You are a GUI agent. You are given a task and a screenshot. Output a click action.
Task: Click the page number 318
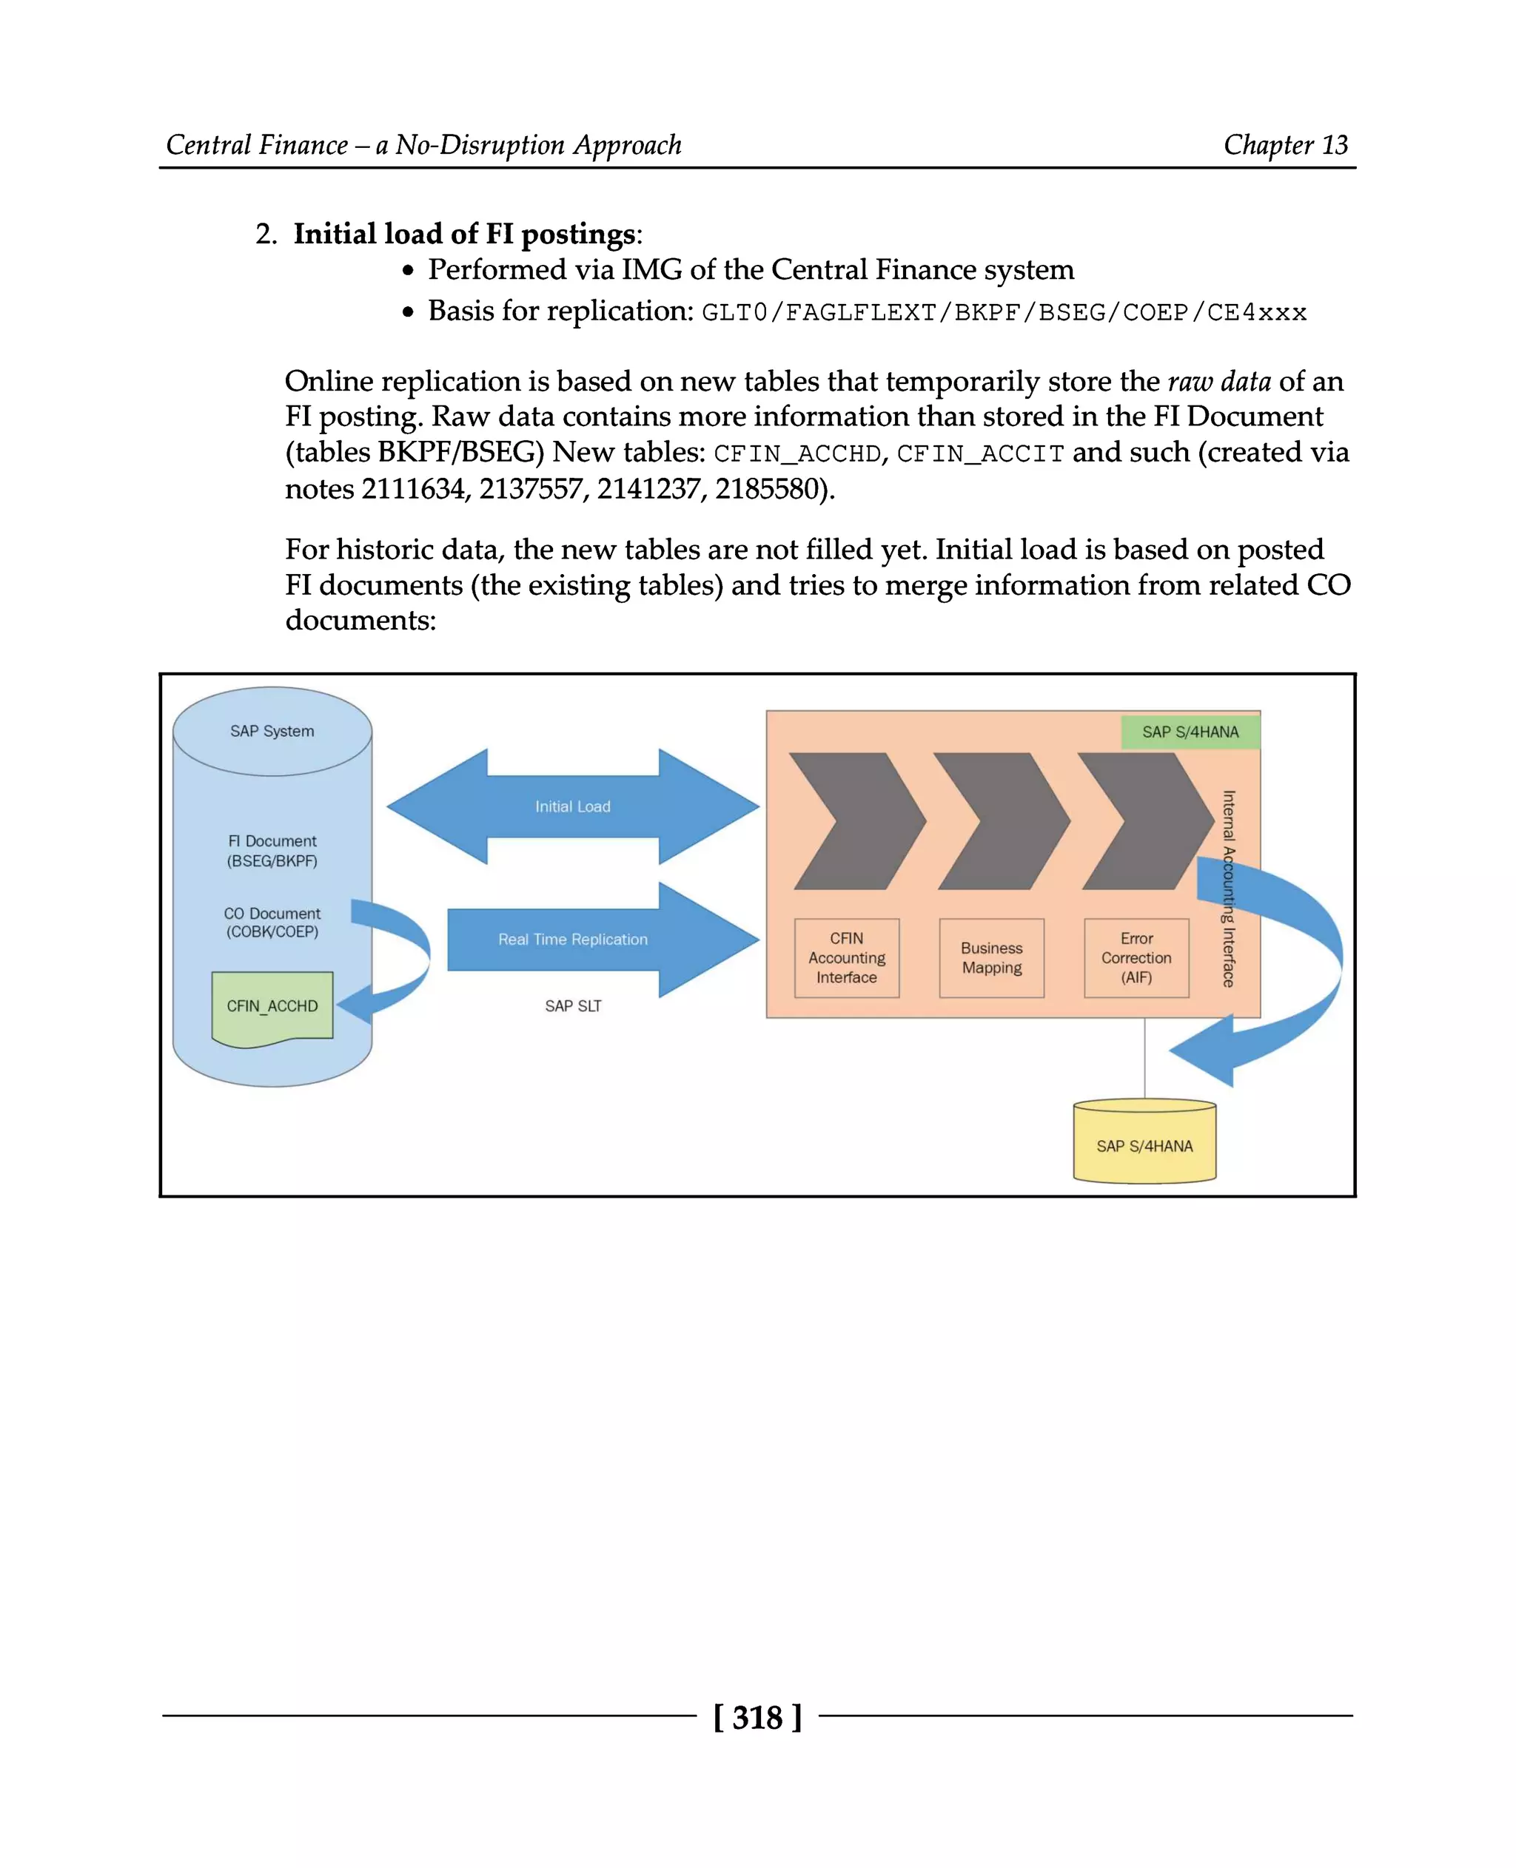(x=757, y=1717)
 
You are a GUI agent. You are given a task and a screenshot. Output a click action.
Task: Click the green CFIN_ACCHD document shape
(x=272, y=1006)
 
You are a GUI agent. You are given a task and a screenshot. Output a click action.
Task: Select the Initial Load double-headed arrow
(x=573, y=806)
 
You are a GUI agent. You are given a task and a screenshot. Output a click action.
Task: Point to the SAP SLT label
(x=573, y=1006)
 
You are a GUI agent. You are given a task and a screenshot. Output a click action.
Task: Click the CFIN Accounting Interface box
(x=846, y=957)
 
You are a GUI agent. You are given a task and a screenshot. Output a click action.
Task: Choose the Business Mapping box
(x=991, y=957)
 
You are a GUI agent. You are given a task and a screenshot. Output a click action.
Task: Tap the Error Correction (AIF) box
(x=1136, y=957)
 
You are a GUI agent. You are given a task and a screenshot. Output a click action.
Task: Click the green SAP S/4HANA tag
(x=1190, y=732)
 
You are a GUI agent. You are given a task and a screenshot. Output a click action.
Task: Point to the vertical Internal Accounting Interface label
(x=1229, y=889)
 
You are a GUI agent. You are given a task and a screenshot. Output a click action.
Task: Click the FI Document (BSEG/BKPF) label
(x=272, y=851)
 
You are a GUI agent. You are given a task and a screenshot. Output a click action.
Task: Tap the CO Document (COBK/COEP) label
(x=272, y=923)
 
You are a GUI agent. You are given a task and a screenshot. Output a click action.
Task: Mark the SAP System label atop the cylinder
(x=272, y=732)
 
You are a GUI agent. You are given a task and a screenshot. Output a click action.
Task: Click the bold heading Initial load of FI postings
(x=463, y=234)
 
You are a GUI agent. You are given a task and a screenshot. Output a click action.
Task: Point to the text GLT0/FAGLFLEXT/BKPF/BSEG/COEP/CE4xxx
(x=1004, y=312)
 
